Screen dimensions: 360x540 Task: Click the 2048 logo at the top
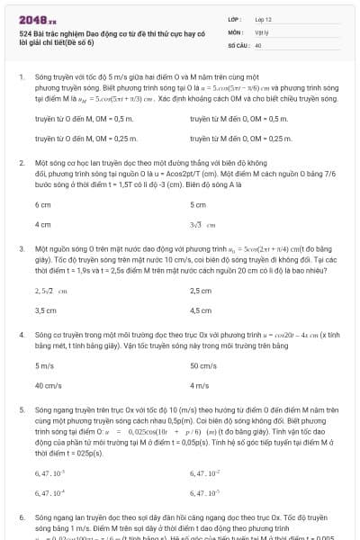click(36, 18)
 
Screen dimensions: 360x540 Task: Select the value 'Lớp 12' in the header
click(263, 18)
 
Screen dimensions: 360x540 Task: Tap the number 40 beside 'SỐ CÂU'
click(258, 44)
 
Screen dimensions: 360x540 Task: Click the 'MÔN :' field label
click(235, 31)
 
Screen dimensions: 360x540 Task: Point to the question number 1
click(21, 78)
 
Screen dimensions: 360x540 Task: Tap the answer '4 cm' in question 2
click(43, 224)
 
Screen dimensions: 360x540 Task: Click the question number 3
click(21, 247)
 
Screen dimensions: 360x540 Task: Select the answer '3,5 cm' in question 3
click(46, 310)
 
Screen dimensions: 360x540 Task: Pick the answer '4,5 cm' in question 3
click(201, 310)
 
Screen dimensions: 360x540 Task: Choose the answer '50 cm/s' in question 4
click(202, 366)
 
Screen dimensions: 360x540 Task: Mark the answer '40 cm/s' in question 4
click(48, 386)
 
